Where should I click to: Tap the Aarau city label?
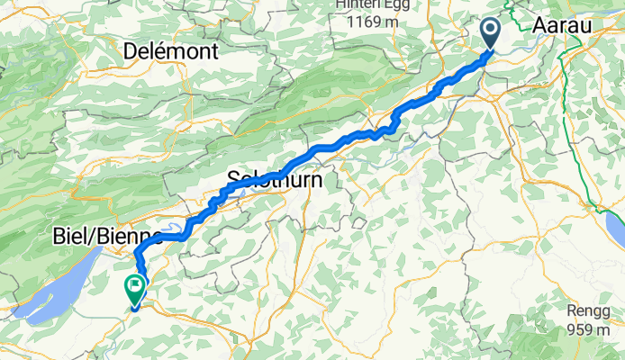[562, 26]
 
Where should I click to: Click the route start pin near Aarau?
[491, 34]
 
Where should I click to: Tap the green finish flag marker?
[136, 289]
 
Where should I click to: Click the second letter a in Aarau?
[559, 26]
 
